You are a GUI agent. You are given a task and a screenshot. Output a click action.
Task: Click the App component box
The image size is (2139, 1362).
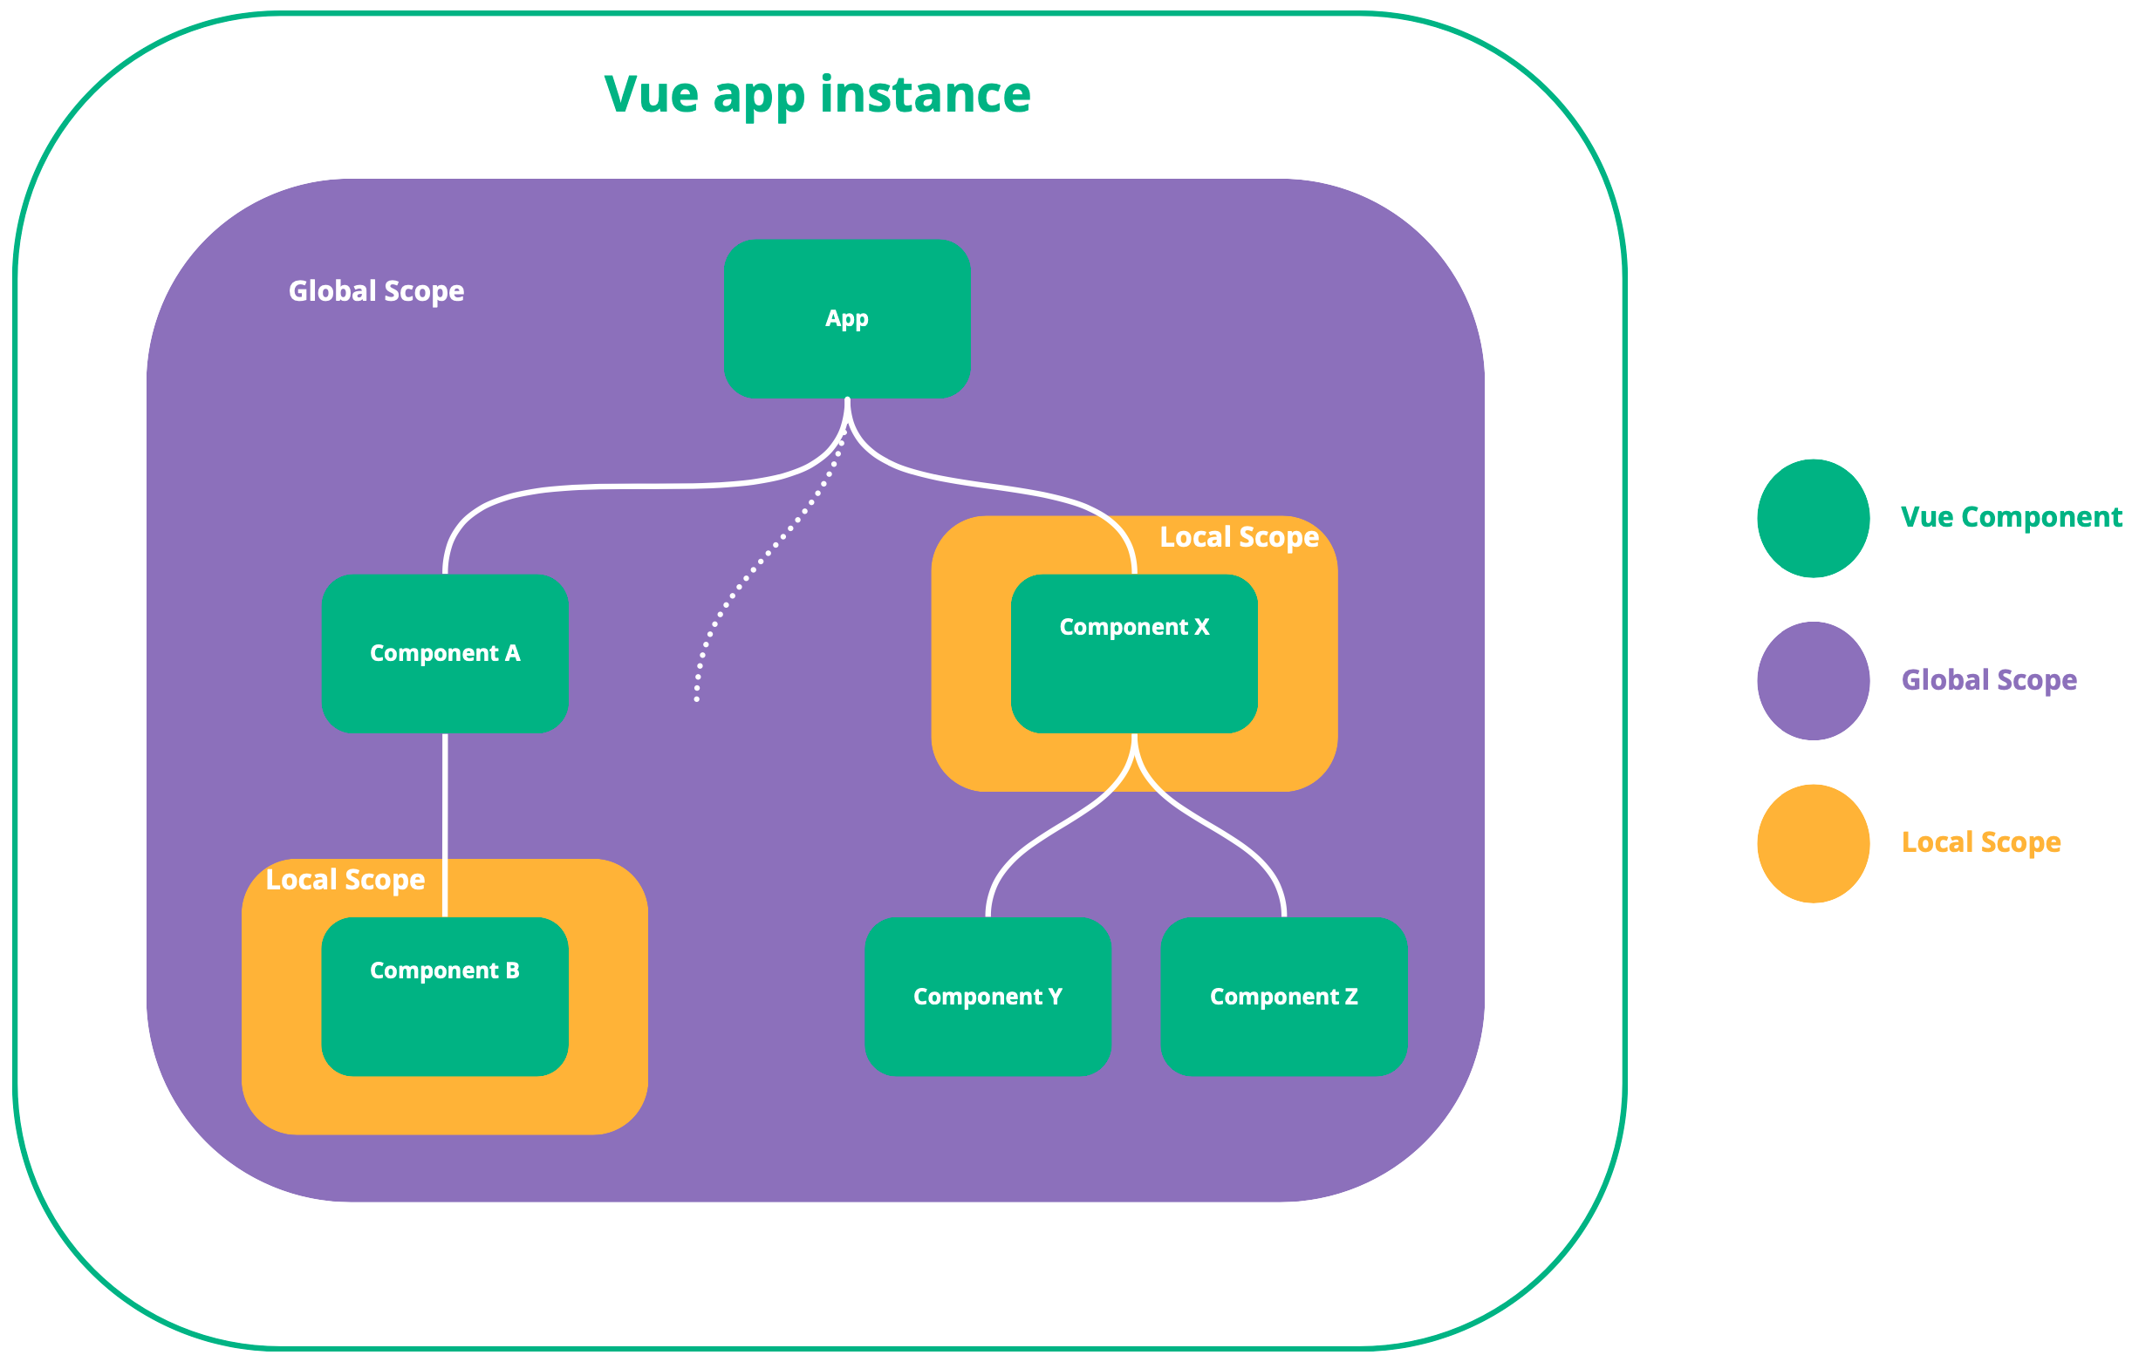846,318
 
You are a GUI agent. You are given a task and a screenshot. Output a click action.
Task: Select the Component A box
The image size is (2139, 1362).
444,653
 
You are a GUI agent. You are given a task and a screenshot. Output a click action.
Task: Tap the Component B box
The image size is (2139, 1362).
444,996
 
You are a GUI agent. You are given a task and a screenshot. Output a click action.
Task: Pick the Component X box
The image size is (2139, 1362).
1133,653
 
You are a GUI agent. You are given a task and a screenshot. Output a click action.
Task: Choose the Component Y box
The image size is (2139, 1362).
987,996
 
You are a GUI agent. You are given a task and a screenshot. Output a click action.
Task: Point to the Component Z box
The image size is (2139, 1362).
1283,996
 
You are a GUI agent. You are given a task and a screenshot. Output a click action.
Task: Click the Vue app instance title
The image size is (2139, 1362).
817,94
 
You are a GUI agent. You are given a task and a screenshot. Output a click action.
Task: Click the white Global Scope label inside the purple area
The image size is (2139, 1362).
376,291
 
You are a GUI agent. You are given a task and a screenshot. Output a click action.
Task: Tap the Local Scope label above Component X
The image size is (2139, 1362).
1238,537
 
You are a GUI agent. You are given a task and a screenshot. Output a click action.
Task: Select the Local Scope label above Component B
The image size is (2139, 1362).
345,880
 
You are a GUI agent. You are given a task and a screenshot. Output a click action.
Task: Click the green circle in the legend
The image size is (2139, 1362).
1813,519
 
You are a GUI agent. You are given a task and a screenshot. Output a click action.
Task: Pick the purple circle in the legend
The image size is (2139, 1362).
1813,681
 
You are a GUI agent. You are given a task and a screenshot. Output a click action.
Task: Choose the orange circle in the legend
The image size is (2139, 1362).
1813,843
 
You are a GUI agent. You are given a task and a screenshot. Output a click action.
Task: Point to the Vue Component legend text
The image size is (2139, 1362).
2010,517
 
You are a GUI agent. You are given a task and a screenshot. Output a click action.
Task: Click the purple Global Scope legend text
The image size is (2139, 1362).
1988,680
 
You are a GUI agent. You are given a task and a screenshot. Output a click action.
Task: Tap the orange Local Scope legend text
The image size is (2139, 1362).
1980,842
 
